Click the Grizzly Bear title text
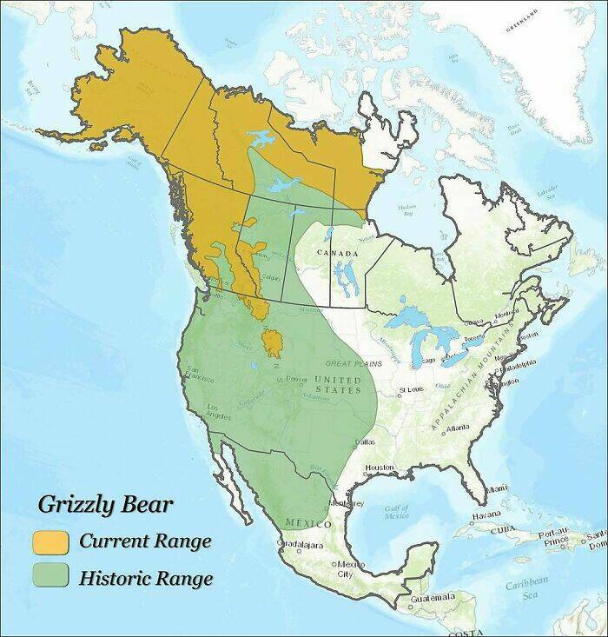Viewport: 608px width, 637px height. pos(105,505)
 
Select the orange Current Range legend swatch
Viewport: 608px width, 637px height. pos(50,541)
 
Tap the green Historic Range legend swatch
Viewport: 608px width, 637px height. pos(50,575)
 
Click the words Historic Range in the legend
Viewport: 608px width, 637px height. pos(145,576)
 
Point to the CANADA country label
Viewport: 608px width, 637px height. pos(338,253)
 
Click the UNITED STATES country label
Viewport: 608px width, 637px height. pos(337,385)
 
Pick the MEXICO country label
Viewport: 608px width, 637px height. pos(307,525)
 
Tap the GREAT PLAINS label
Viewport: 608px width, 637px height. pos(354,363)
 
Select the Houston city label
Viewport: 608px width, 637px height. pos(380,468)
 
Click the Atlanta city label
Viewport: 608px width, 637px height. pos(457,428)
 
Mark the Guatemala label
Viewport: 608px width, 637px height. pos(432,597)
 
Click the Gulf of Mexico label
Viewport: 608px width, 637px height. pos(396,512)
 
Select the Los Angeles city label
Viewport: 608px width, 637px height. pos(219,411)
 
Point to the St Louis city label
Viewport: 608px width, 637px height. pos(412,390)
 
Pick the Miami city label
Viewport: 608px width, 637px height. pos(498,489)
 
